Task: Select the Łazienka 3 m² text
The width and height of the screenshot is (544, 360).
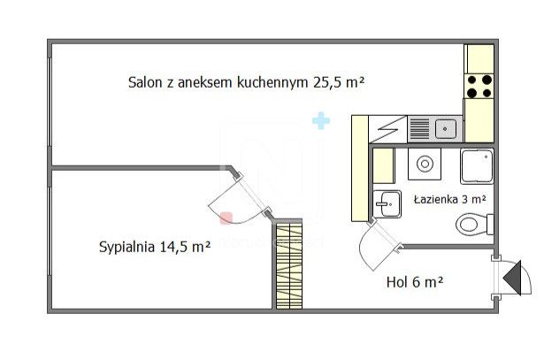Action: (449, 200)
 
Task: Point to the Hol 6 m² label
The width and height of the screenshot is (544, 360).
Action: (414, 282)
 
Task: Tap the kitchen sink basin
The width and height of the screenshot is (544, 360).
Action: (447, 129)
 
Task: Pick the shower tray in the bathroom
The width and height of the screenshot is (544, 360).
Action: (478, 165)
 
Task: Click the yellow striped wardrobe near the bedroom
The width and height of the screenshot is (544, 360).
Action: (288, 264)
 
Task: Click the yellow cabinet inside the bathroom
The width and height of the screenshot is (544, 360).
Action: (383, 165)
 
